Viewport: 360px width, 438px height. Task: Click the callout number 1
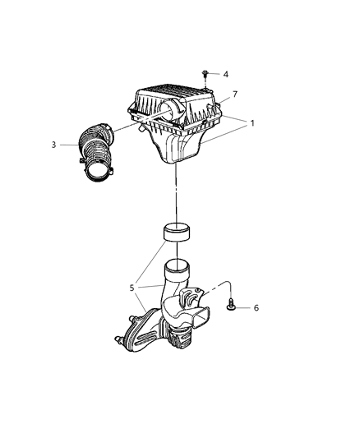click(x=252, y=124)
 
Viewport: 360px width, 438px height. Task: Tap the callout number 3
click(x=53, y=145)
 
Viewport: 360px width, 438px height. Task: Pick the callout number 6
click(x=256, y=307)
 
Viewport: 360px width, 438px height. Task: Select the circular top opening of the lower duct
click(x=176, y=265)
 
